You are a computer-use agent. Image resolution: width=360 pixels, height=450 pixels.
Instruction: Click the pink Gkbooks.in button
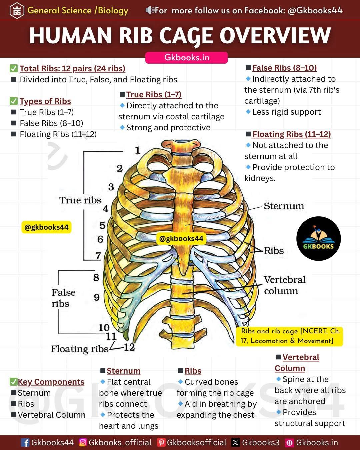186,58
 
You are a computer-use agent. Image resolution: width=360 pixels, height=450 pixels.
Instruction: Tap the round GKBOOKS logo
318,238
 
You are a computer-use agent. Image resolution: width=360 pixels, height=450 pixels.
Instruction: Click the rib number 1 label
137,150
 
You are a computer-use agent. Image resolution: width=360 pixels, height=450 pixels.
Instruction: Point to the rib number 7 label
98,256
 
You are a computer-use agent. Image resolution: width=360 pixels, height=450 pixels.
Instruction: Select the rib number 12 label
129,347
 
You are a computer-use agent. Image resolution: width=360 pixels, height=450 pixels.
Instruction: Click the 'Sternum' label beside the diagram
284,206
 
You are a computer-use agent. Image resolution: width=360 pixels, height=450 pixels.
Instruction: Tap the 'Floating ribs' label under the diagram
80,349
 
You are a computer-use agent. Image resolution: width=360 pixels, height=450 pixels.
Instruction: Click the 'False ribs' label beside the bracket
64,298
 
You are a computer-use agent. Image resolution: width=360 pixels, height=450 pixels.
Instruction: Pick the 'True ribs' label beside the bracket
80,200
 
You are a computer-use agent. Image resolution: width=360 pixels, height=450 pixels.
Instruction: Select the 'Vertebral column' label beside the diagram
284,285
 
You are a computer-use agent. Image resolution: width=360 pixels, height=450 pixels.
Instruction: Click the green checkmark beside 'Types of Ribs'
14,101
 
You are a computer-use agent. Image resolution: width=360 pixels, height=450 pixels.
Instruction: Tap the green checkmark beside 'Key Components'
13,382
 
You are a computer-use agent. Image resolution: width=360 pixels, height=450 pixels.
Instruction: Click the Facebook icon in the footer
25,442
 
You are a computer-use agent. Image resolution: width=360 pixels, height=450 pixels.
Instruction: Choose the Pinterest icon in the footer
161,442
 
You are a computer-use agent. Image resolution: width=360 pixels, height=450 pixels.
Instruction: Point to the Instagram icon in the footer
83,442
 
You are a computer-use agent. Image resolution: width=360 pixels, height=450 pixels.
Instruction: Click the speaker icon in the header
150,10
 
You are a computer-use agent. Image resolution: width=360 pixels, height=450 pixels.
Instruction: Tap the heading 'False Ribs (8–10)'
284,68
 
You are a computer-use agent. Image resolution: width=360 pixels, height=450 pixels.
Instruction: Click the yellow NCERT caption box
289,336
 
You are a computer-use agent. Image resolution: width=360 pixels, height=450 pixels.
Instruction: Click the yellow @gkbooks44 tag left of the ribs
46,227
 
